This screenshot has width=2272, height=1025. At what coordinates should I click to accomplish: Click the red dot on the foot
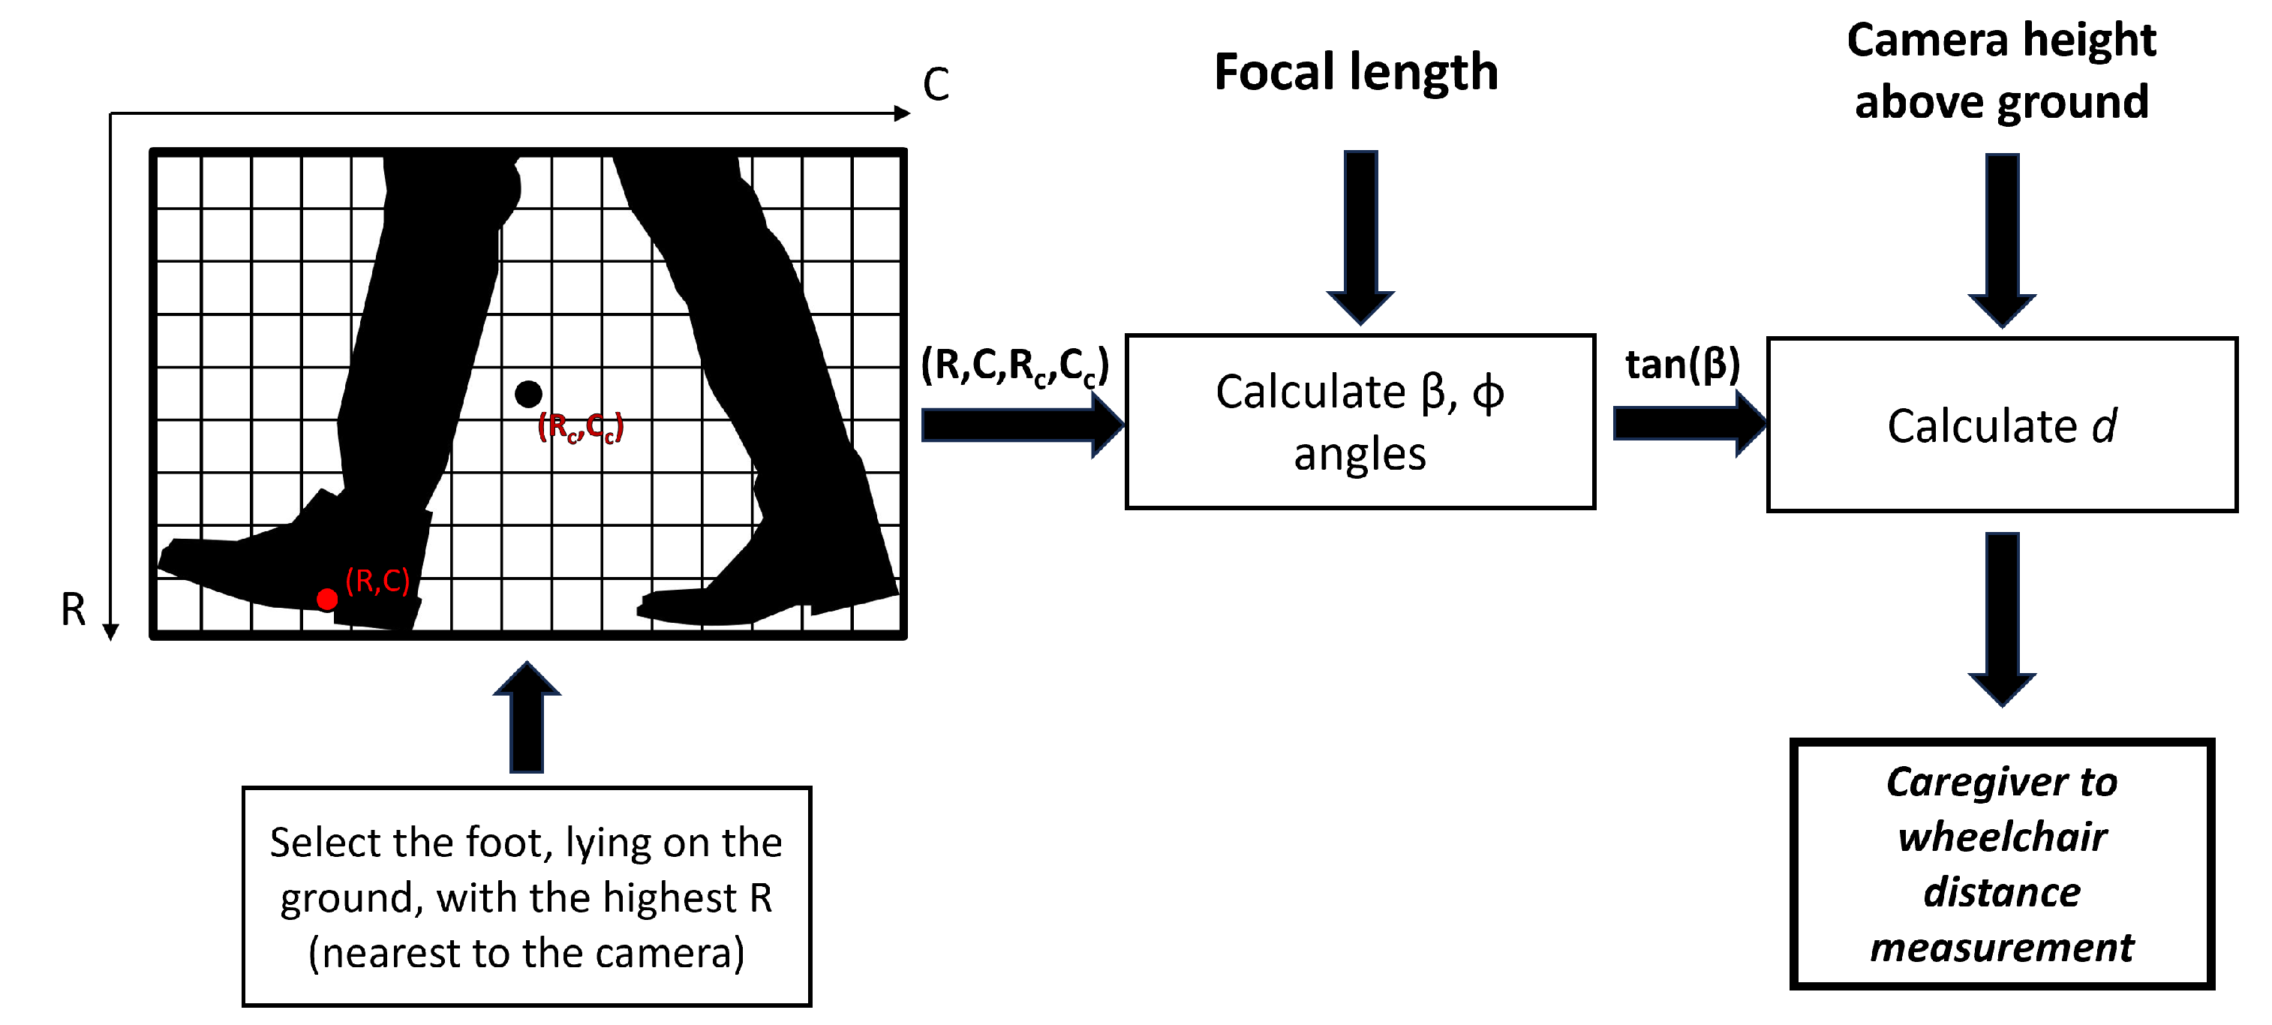pyautogui.click(x=327, y=599)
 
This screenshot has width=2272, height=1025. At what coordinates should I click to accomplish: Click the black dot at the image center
pyautogui.click(x=528, y=394)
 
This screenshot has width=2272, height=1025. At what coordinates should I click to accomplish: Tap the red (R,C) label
pyautogui.click(x=377, y=581)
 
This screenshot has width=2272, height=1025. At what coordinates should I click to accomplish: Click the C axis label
pyautogui.click(x=936, y=85)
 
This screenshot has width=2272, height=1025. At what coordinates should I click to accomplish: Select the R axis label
pyautogui.click(x=74, y=609)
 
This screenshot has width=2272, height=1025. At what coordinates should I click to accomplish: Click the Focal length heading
pyautogui.click(x=1356, y=71)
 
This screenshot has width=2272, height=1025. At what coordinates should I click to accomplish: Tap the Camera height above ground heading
pyautogui.click(x=2001, y=71)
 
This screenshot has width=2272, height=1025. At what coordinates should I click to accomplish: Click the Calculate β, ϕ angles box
pyautogui.click(x=1360, y=422)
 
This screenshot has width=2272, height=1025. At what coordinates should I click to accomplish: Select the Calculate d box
pyautogui.click(x=2002, y=424)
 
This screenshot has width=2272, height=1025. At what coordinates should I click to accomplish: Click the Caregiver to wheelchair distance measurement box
pyautogui.click(x=2002, y=864)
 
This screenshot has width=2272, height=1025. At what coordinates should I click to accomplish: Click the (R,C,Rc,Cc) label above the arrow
pyautogui.click(x=1014, y=365)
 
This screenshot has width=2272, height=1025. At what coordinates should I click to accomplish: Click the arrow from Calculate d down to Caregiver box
pyautogui.click(x=2002, y=618)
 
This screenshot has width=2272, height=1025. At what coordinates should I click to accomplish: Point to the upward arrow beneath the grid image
pyautogui.click(x=527, y=718)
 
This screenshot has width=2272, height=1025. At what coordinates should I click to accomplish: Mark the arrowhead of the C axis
pyautogui.click(x=901, y=113)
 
